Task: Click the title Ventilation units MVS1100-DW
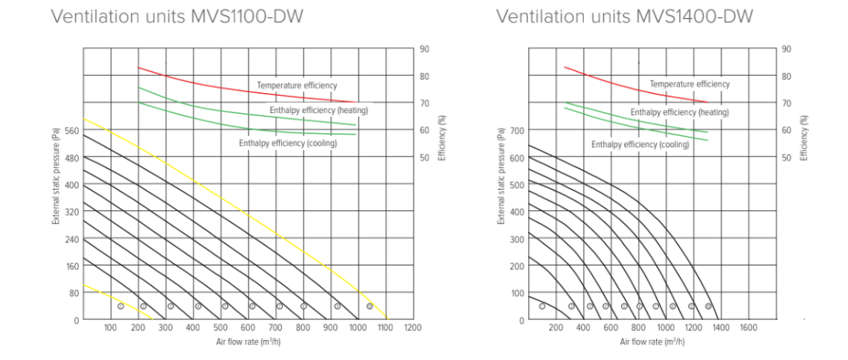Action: pyautogui.click(x=176, y=16)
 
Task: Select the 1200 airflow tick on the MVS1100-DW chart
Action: pyautogui.click(x=413, y=327)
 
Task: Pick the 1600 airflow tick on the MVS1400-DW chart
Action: pyautogui.click(x=748, y=327)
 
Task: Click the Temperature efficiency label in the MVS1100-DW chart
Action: pyautogui.click(x=297, y=86)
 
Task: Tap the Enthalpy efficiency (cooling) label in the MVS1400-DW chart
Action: pyautogui.click(x=640, y=144)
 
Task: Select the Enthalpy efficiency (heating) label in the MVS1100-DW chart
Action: pyautogui.click(x=319, y=110)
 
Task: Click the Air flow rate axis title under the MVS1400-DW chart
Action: pyautogui.click(x=652, y=341)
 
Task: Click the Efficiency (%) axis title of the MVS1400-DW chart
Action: pyautogui.click(x=803, y=138)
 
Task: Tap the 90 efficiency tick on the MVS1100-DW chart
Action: pyautogui.click(x=425, y=49)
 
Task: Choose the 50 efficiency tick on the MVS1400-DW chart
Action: pyautogui.click(x=786, y=158)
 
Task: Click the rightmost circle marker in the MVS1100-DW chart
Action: pyautogui.click(x=370, y=306)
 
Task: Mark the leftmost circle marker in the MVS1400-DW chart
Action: pyautogui.click(x=542, y=306)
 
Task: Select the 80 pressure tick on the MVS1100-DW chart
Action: pyautogui.click(x=73, y=292)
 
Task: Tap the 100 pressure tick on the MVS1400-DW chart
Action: pyautogui.click(x=515, y=292)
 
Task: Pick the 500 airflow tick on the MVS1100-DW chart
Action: pyautogui.click(x=220, y=327)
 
